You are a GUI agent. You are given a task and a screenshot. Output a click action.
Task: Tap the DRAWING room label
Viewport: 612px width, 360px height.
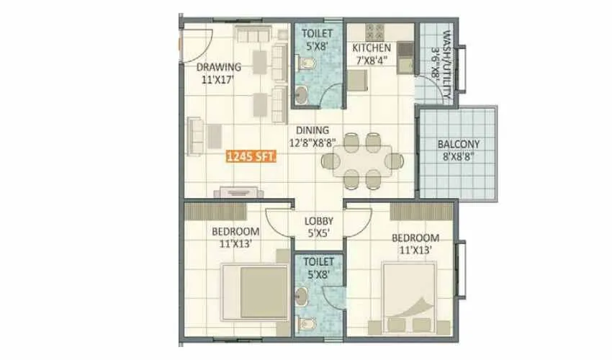tap(219, 68)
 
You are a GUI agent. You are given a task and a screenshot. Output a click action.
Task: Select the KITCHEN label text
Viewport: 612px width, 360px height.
tap(372, 48)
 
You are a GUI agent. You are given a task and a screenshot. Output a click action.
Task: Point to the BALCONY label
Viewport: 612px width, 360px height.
tap(458, 144)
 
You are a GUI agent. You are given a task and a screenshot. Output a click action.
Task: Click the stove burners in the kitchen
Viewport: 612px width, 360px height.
tap(376, 32)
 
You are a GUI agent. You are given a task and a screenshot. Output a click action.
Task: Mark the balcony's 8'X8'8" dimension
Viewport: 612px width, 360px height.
tap(458, 156)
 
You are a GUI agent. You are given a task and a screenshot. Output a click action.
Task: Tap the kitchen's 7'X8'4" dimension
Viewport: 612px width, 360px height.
tap(372, 60)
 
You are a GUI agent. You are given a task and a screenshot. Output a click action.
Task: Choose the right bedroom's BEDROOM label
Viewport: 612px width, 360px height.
tap(415, 238)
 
